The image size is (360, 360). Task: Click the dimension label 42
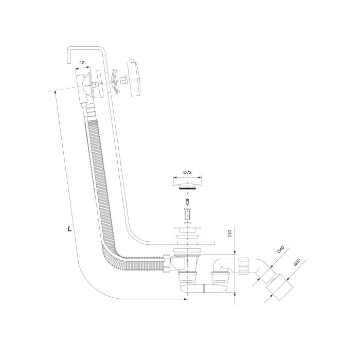click(x=81, y=62)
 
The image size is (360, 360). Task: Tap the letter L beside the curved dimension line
click(x=69, y=228)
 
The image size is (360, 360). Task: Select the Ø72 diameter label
click(x=187, y=172)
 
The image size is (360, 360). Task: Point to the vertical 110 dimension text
click(x=230, y=233)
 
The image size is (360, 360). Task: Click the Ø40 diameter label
click(x=281, y=249)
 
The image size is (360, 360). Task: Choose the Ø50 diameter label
click(x=297, y=262)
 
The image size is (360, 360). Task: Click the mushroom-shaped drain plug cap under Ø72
click(x=187, y=185)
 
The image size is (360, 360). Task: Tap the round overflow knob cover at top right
click(x=135, y=78)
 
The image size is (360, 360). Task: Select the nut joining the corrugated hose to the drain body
click(x=167, y=263)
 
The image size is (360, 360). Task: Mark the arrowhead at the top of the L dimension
click(x=56, y=92)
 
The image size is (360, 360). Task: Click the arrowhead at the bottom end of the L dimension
click(x=186, y=299)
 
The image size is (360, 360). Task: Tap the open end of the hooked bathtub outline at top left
click(x=68, y=63)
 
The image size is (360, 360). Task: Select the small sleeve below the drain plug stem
click(x=187, y=214)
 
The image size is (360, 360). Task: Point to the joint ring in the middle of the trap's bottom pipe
click(x=204, y=288)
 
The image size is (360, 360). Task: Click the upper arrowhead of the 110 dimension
click(x=235, y=253)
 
